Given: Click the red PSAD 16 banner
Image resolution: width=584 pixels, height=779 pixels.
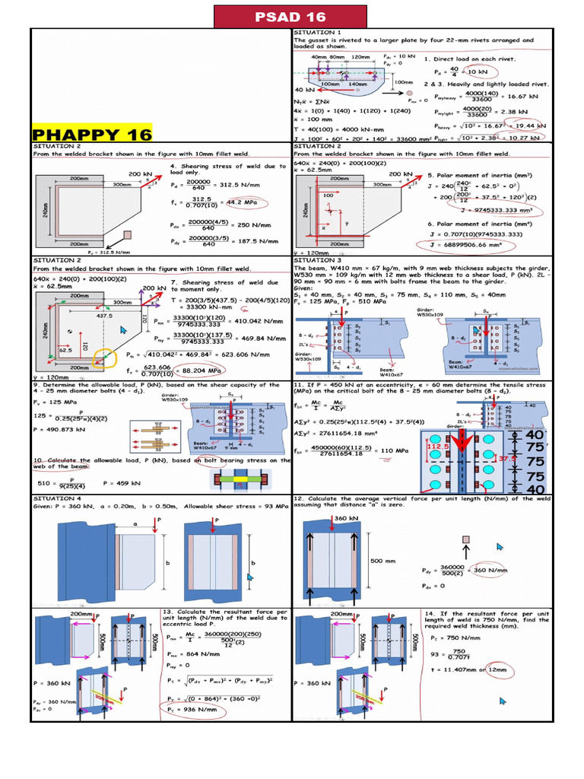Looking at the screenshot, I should coord(291,17).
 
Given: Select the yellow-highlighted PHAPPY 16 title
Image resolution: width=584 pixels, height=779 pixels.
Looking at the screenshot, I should coord(92,135).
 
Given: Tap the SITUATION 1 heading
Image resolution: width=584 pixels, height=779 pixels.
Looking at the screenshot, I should coord(316,33).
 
